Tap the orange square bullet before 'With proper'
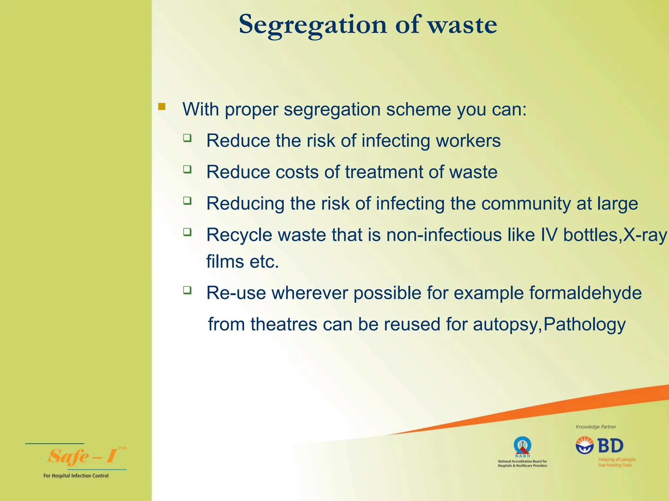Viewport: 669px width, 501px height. [x=162, y=106]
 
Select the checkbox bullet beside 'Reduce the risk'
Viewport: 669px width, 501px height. [x=187, y=138]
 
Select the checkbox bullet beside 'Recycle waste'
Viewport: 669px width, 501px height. [x=187, y=232]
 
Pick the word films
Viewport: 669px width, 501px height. [x=225, y=262]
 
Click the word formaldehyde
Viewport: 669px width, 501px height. [x=585, y=293]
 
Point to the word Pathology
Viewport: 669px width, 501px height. [x=584, y=325]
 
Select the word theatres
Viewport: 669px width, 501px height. [x=284, y=325]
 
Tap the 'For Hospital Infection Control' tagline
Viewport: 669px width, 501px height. [x=76, y=476]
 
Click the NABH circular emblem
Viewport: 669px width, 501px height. [x=522, y=446]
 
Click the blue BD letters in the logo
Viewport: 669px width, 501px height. [x=610, y=446]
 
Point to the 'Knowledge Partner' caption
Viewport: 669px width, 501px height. [x=596, y=427]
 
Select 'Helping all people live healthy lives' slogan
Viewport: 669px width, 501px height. [x=617, y=462]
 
